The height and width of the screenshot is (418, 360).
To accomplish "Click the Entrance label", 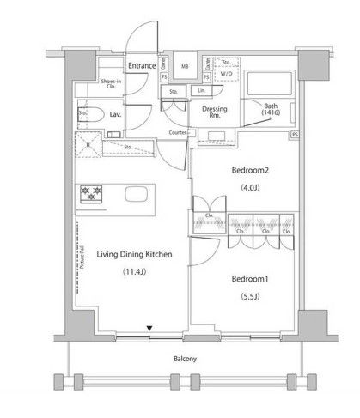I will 142,65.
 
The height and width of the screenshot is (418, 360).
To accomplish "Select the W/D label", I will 226,74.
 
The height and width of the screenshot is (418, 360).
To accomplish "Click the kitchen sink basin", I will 137,194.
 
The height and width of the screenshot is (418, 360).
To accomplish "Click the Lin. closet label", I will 201,90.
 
